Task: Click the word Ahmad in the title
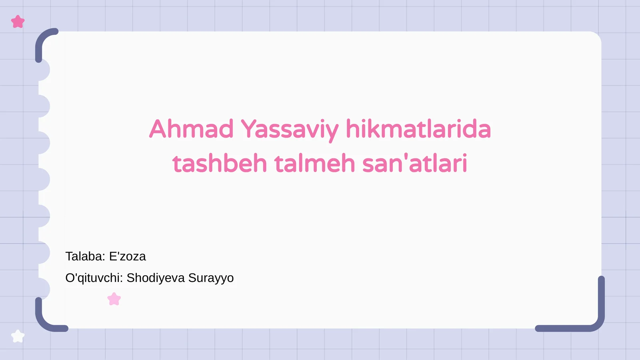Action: point(191,129)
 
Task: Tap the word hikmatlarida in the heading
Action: point(418,129)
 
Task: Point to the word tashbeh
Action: point(220,164)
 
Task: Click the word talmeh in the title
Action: point(314,164)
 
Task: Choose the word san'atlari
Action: point(415,164)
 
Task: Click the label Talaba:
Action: point(85,256)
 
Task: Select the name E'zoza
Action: point(128,256)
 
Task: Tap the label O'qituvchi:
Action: point(94,278)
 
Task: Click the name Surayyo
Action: point(211,278)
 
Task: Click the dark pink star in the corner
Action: point(18,22)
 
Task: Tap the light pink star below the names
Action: point(114,299)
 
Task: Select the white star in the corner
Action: point(18,336)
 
